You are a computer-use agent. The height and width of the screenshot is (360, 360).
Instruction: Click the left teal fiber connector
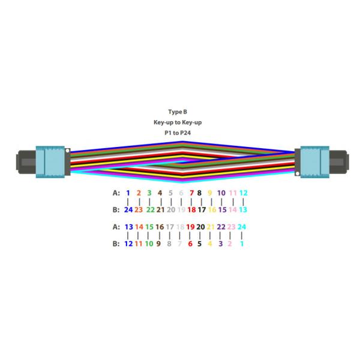(x=51, y=160)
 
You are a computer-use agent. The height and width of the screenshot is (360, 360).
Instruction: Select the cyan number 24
(x=242, y=227)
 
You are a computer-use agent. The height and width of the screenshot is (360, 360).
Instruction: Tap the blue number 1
(x=128, y=193)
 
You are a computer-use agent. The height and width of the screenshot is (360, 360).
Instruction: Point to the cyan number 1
(x=242, y=244)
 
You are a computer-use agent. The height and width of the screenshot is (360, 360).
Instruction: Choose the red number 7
(x=191, y=193)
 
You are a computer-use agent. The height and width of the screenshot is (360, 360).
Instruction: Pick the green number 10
(x=149, y=244)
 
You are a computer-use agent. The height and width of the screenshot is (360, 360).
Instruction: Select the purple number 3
(x=221, y=244)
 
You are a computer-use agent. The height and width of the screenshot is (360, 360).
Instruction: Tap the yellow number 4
(x=210, y=244)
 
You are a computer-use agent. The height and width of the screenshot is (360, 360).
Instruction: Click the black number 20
(x=200, y=227)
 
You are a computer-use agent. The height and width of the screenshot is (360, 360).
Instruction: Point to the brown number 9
(x=159, y=244)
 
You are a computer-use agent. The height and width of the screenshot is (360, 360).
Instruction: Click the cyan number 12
(x=243, y=193)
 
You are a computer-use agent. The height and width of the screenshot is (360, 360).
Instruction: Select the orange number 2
(x=139, y=193)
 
